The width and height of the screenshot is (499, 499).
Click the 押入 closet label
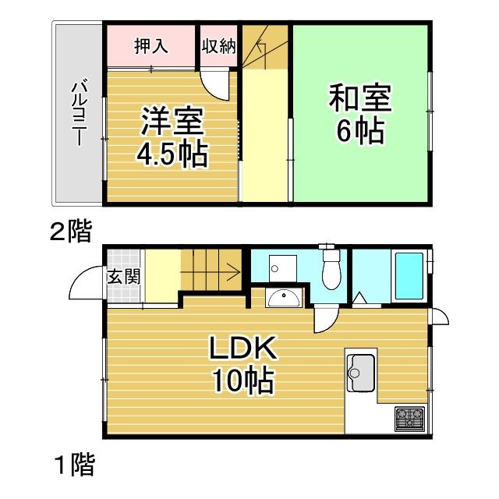(x=151, y=45)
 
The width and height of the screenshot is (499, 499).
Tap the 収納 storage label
(x=218, y=45)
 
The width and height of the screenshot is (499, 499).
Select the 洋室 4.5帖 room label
(x=172, y=139)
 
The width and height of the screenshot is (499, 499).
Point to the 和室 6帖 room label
(x=359, y=115)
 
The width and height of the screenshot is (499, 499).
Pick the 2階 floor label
(x=71, y=232)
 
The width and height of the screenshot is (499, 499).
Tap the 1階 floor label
(x=74, y=465)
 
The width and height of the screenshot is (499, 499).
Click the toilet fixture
(x=331, y=269)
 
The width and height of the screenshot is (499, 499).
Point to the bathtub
(x=409, y=275)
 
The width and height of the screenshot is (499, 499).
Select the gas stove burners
(x=410, y=419)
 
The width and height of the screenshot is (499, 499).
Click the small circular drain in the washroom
(x=274, y=269)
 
